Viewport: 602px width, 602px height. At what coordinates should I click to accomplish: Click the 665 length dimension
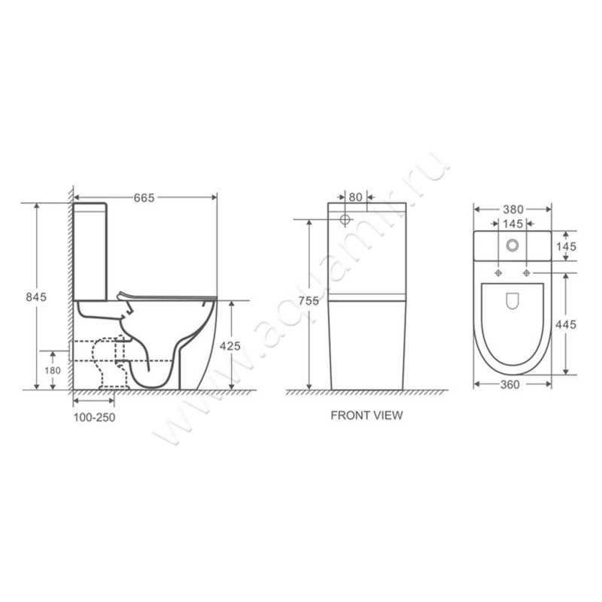click(x=144, y=198)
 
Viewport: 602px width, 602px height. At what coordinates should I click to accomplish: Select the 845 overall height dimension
click(x=36, y=296)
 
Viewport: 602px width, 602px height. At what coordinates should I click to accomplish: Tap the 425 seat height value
click(x=230, y=346)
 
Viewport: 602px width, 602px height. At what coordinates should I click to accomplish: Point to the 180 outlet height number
click(x=53, y=370)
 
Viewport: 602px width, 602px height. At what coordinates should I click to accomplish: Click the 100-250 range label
click(x=94, y=418)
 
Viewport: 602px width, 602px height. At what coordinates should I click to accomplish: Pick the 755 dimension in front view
click(x=309, y=300)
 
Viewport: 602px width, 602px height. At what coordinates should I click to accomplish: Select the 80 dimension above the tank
click(x=355, y=197)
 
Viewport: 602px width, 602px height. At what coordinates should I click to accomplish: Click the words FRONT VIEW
click(x=366, y=415)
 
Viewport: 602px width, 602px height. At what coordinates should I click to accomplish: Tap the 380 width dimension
click(x=513, y=209)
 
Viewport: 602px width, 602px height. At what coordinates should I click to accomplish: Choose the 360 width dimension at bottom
click(x=510, y=385)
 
